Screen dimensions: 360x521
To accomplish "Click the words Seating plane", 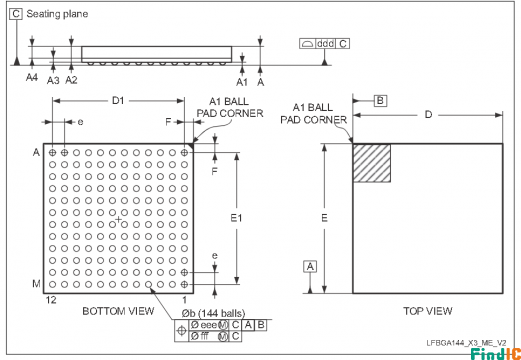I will click(x=55, y=15).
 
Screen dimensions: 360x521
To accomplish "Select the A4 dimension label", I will click(x=31, y=79).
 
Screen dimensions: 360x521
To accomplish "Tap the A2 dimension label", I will click(x=71, y=79).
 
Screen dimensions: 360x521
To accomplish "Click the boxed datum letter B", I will click(x=380, y=101).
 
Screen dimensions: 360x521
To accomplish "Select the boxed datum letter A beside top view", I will click(x=310, y=266).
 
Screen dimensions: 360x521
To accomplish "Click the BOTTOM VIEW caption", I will click(x=117, y=310).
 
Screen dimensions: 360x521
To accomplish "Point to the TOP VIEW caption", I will click(x=427, y=310).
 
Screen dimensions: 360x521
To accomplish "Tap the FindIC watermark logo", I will click(x=487, y=352).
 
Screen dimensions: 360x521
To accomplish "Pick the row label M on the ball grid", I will click(x=36, y=285).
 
